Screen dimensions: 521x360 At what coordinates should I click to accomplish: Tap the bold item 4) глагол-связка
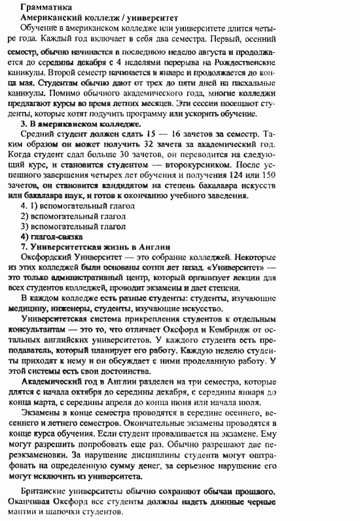pyautogui.click(x=52, y=236)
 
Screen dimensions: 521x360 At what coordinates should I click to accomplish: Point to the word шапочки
pyautogui.click(x=75, y=513)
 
